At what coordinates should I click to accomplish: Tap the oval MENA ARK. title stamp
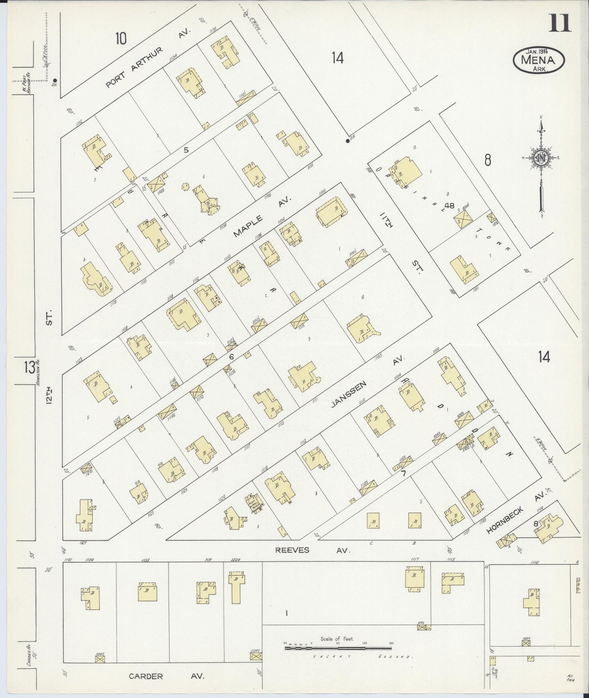pyautogui.click(x=539, y=60)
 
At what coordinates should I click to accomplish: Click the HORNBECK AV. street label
pyautogui.click(x=515, y=515)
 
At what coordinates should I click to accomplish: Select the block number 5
pyautogui.click(x=186, y=150)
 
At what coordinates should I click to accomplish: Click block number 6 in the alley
pyautogui.click(x=231, y=356)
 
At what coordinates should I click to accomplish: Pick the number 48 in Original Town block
pyautogui.click(x=450, y=205)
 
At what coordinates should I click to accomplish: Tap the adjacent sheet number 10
pyautogui.click(x=121, y=39)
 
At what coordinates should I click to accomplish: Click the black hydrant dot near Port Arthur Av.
pyautogui.click(x=55, y=80)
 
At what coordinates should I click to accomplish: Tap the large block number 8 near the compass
pyautogui.click(x=488, y=160)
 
